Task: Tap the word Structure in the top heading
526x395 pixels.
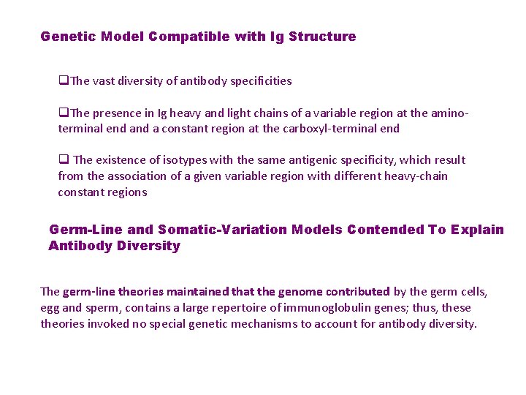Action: (x=322, y=37)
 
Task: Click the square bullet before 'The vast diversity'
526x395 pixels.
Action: (x=62, y=81)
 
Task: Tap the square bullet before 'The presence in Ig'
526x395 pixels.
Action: (x=62, y=113)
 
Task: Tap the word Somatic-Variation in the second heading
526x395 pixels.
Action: (x=223, y=230)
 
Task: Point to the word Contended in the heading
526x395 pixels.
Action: (x=386, y=230)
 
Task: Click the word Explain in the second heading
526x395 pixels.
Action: (x=477, y=230)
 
